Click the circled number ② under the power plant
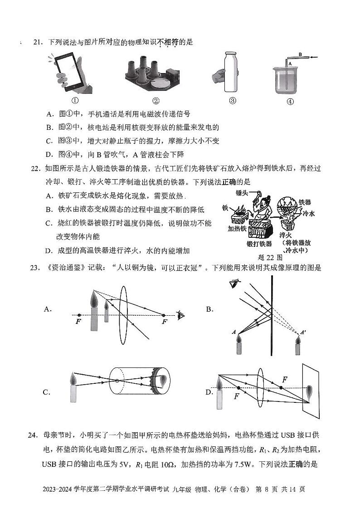(156, 101)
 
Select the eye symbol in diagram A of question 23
(181, 315)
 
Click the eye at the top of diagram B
(234, 284)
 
